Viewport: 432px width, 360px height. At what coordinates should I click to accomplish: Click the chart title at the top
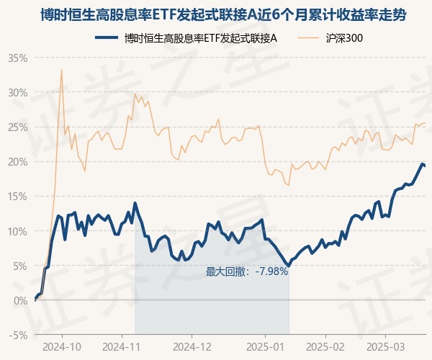click(x=216, y=14)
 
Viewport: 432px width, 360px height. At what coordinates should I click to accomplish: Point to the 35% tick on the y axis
click(x=18, y=58)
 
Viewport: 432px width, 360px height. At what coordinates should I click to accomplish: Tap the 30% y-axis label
click(x=18, y=92)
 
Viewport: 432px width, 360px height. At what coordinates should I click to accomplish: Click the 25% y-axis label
click(x=18, y=127)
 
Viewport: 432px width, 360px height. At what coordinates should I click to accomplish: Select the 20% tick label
click(x=18, y=161)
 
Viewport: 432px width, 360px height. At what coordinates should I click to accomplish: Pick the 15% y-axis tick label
click(x=18, y=196)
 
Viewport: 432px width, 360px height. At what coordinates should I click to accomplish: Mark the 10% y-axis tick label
click(x=18, y=231)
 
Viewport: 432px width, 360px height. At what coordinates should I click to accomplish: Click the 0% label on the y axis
click(x=21, y=300)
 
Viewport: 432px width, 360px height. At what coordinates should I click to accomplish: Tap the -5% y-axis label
click(x=19, y=335)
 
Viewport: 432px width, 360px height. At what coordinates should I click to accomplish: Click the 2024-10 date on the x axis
click(x=62, y=347)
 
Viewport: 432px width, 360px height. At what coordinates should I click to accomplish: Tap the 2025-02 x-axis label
click(x=325, y=347)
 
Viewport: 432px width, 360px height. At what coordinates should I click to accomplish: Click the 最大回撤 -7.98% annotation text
click(x=247, y=271)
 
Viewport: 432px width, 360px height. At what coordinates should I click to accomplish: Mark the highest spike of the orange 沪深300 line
click(x=61, y=69)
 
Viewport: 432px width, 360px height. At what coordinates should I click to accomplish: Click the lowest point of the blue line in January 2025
click(x=288, y=266)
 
